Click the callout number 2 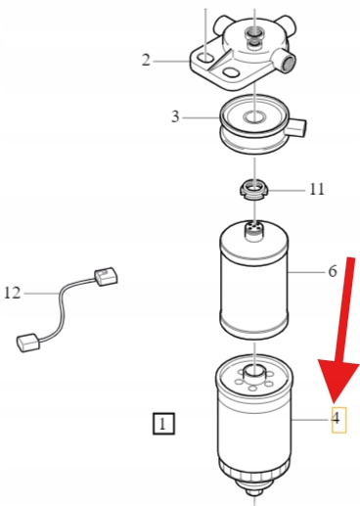146,61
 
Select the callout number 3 175,116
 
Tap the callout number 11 317,189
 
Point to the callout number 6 332,271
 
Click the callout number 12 13,293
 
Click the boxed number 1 163,424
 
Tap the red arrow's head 337,379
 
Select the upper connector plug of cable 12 107,277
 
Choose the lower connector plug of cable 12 27,343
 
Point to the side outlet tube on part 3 296,127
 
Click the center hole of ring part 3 254,116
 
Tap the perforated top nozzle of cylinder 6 254,230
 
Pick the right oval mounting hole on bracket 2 231,72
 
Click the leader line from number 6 307,271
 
